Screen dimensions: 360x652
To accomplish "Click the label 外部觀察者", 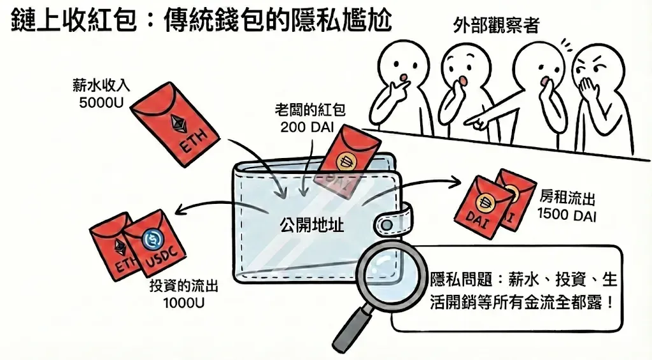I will coord(497,25).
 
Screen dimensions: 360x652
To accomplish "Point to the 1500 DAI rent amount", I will coord(567,215).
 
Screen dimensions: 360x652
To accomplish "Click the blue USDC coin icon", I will coord(153,240).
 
